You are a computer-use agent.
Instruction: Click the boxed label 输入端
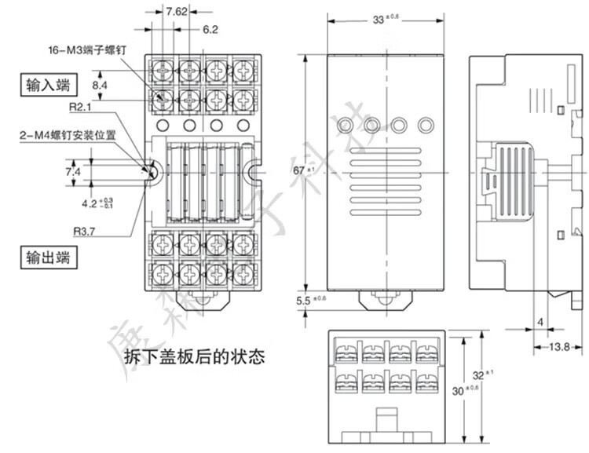tap(47, 83)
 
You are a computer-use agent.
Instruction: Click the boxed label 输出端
tap(47, 256)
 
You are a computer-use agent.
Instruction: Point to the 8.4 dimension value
tap(100, 84)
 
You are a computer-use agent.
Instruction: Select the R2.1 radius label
tap(81, 108)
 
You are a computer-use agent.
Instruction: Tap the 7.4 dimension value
tap(73, 171)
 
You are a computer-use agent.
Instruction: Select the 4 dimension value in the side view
tap(540, 322)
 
